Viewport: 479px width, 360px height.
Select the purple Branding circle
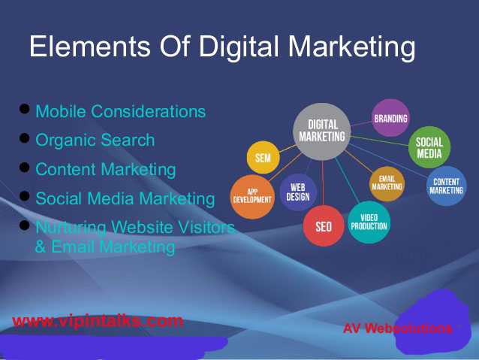[x=390, y=118]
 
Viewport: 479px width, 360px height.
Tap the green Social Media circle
[x=429, y=148]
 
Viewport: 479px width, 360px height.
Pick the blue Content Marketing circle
[x=446, y=186]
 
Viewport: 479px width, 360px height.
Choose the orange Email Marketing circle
[x=387, y=183]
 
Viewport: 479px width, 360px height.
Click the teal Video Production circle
[x=369, y=221]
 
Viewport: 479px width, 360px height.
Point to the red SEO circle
[x=324, y=225]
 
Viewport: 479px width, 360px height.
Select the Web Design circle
[x=298, y=192]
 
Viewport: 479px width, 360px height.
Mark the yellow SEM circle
[x=264, y=158]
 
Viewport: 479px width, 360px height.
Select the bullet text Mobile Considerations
[x=120, y=112]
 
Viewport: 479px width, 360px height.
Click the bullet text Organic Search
[x=95, y=141]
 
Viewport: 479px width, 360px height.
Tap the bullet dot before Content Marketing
[x=24, y=167]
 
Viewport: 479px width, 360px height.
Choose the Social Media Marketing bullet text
[x=125, y=199]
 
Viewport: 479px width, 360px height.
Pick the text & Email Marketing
[x=105, y=247]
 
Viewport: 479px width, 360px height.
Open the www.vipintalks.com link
[x=98, y=322]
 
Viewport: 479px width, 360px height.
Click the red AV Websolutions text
[x=397, y=328]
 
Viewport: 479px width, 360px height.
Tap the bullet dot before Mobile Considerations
[x=24, y=110]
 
